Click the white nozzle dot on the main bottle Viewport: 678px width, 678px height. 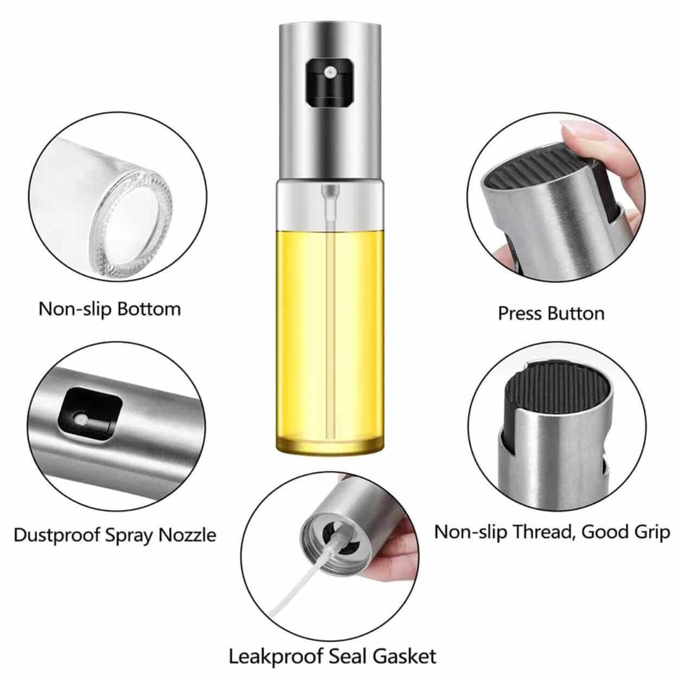(x=330, y=73)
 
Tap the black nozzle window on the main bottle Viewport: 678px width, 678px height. (x=330, y=83)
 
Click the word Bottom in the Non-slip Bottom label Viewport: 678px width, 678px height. (x=149, y=309)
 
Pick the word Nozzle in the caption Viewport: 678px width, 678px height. (x=187, y=535)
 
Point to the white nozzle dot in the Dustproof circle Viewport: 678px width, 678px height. (x=81, y=419)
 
